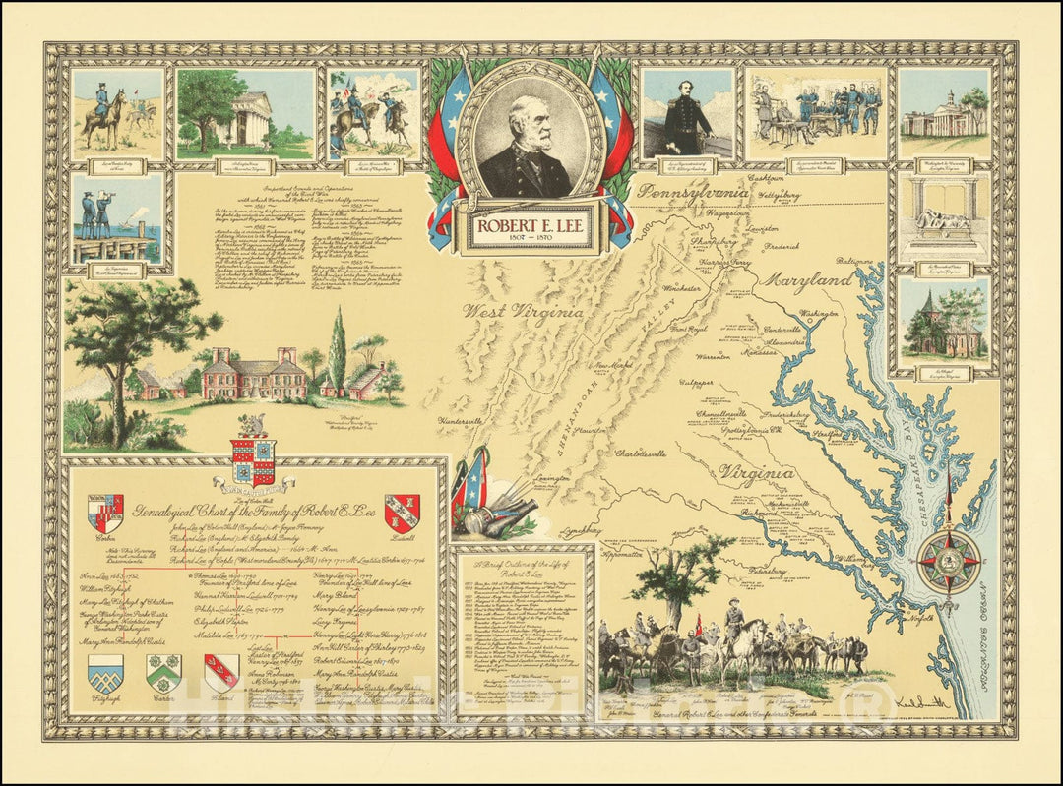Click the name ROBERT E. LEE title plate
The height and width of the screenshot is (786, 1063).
coord(531,229)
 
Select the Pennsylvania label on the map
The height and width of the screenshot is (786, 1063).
coord(693,190)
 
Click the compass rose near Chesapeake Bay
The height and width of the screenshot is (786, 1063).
coord(949,562)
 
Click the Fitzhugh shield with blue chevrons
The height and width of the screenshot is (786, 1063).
coord(105,674)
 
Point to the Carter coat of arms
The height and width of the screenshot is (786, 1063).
coord(163,674)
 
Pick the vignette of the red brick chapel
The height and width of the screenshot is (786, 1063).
coord(942,322)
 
